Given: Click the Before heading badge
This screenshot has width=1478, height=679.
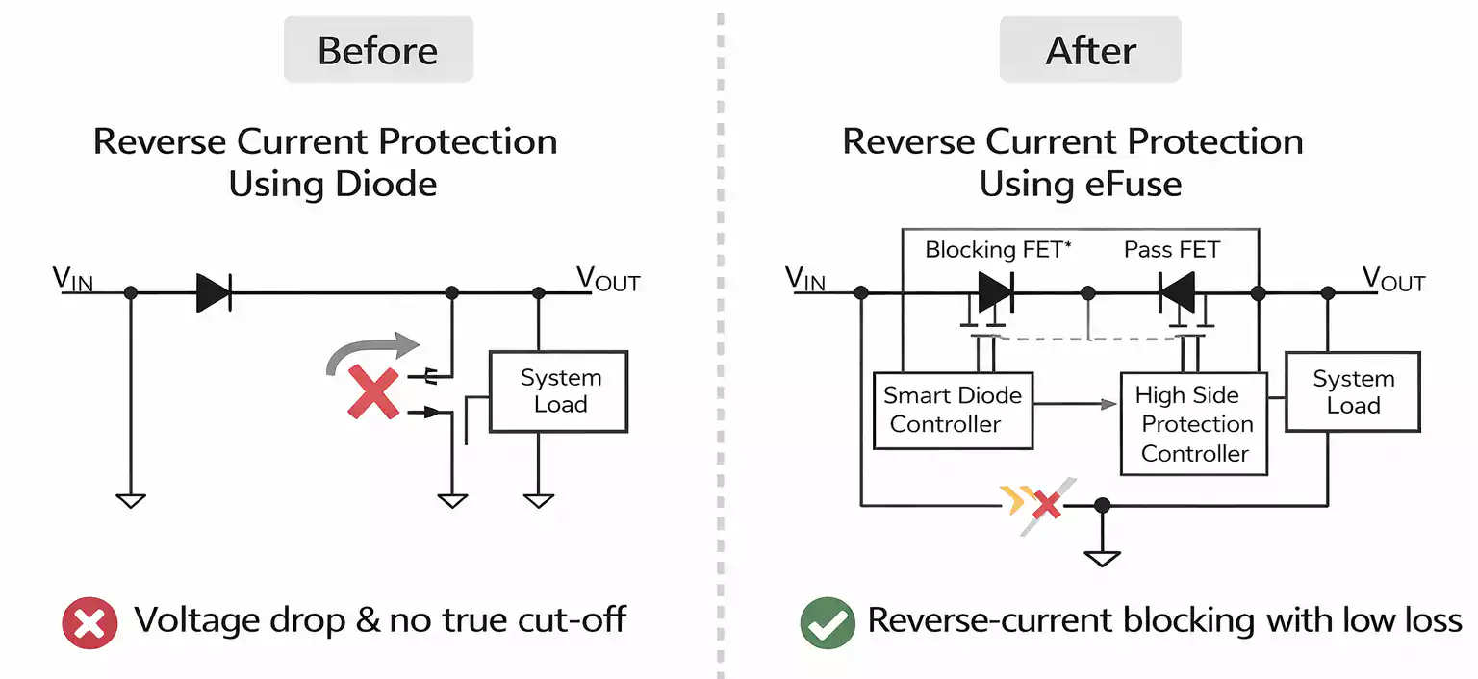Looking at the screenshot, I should click(x=378, y=50).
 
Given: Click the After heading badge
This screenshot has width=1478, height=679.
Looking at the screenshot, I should click(x=1090, y=50).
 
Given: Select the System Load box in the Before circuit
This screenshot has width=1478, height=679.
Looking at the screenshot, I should click(x=559, y=390).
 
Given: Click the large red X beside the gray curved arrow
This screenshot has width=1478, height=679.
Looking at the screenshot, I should click(x=373, y=391).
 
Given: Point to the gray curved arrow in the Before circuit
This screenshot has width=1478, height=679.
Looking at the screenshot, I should click(x=371, y=351).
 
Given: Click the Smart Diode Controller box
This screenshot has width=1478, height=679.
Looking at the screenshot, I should click(x=953, y=411).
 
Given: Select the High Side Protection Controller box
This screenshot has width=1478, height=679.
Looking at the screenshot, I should click(x=1194, y=424).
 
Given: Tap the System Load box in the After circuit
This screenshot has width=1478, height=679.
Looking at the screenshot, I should click(x=1353, y=391).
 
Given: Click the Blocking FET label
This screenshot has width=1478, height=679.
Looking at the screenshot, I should click(x=998, y=250).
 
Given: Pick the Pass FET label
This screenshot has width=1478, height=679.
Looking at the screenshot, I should click(x=1171, y=250).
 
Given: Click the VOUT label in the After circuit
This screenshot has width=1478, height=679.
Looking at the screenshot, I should click(x=1392, y=280).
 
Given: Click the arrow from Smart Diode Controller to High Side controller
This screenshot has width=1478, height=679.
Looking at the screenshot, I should click(x=1076, y=405).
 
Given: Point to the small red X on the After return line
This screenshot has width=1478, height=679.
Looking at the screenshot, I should click(x=1046, y=503).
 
